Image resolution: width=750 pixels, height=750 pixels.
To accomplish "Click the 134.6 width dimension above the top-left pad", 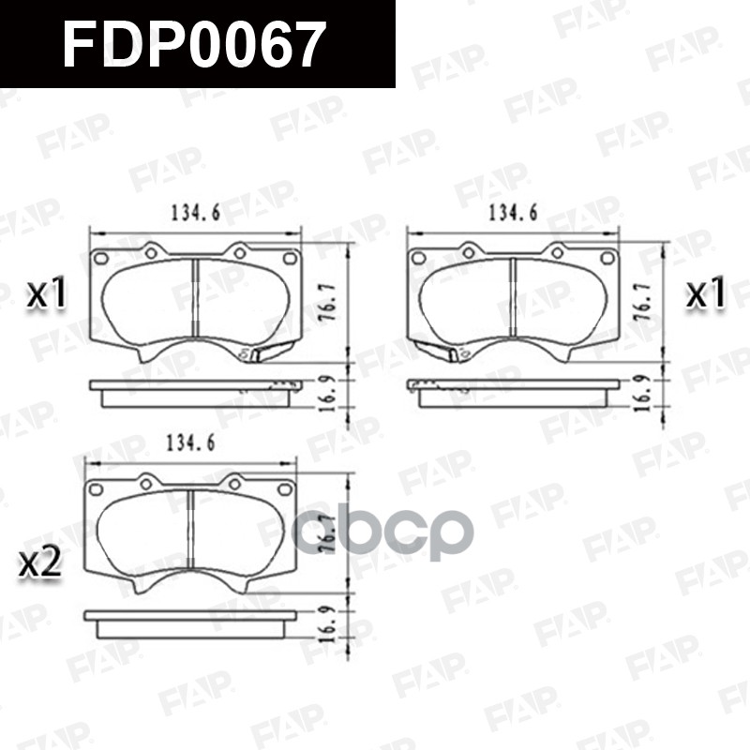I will click(x=195, y=214).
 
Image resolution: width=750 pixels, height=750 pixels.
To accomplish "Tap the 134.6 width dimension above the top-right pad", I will click(x=513, y=214).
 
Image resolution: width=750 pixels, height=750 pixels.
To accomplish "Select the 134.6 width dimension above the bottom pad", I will click(x=190, y=444).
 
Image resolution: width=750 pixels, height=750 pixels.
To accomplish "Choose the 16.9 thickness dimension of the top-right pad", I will click(x=645, y=392).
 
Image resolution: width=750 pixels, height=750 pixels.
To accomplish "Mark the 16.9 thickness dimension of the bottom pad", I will click(x=327, y=622).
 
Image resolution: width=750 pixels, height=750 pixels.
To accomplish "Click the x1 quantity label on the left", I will click(x=47, y=294).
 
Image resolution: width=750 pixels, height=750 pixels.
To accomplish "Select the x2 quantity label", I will click(x=41, y=562).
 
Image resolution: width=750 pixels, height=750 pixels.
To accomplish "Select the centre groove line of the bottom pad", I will click(x=190, y=531).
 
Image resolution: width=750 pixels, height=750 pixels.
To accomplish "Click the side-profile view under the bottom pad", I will click(x=190, y=621).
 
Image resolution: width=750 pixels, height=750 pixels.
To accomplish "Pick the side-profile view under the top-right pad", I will click(x=513, y=390).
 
